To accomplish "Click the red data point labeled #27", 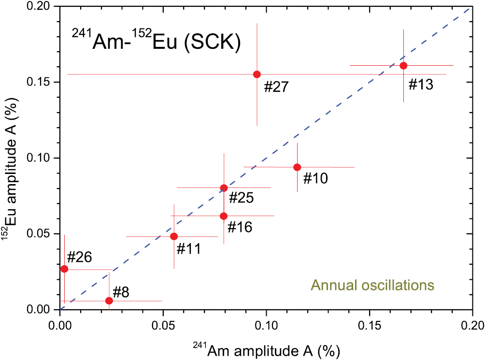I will click(x=257, y=74).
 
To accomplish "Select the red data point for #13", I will click(x=403, y=66).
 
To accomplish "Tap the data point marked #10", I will click(x=297, y=167).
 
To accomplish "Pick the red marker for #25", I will click(x=224, y=188).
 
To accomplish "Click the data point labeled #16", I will click(x=224, y=216).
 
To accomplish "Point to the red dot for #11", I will click(x=174, y=236).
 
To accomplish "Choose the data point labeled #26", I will click(x=64, y=269).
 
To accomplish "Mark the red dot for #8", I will click(x=109, y=301).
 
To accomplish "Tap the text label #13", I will click(x=421, y=85).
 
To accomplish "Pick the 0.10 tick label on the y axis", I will click(x=42, y=158).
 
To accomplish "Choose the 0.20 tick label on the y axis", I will click(x=42, y=7).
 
